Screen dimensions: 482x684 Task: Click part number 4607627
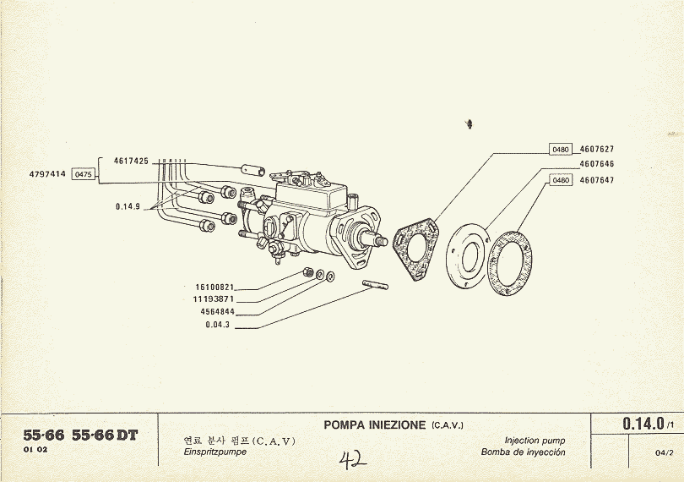point(596,149)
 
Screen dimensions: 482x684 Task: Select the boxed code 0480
point(562,150)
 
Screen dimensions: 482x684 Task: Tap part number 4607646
point(596,164)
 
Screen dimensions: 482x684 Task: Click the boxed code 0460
point(562,180)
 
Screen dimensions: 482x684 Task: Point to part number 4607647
point(596,180)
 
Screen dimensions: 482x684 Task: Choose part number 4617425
point(131,160)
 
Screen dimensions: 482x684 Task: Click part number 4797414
point(47,174)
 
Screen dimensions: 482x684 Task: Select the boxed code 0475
point(84,174)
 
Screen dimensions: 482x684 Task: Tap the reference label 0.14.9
point(128,206)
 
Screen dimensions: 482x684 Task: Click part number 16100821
point(214,288)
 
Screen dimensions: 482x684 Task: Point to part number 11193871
point(214,299)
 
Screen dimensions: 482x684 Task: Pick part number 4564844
point(217,311)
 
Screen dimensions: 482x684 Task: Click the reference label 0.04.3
point(219,325)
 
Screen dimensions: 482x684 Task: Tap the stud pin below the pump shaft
point(374,288)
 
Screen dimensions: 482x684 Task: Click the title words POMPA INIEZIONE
point(375,424)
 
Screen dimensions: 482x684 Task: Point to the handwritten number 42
point(352,460)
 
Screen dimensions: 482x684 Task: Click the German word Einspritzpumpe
point(214,452)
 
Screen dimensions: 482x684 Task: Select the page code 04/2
point(664,452)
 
